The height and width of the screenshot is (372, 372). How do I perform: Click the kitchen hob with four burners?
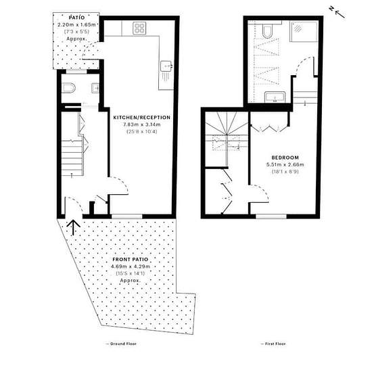tap(139, 28)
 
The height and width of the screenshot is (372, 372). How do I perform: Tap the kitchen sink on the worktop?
tap(166, 66)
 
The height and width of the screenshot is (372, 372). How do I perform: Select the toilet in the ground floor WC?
tap(68, 88)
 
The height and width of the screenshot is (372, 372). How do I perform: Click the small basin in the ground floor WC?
tap(95, 88)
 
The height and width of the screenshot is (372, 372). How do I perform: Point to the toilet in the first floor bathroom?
tap(267, 32)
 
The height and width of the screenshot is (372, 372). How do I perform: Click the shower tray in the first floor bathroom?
tap(304, 31)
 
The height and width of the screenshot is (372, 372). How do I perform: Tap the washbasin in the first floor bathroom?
tap(275, 97)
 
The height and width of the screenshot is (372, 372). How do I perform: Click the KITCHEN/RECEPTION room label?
tap(142, 118)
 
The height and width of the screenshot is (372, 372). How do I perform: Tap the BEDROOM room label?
tap(285, 158)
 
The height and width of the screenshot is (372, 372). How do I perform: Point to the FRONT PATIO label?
tap(131, 259)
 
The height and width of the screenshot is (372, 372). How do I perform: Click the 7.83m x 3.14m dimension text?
tap(142, 124)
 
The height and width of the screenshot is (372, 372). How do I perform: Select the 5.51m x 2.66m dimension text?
tap(285, 164)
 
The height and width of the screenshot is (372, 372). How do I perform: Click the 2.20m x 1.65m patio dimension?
tap(76, 24)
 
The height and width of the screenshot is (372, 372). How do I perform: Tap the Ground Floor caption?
tap(121, 344)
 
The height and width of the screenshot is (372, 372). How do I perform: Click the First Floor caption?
tap(273, 344)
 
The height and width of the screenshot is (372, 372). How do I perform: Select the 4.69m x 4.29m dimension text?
tap(131, 266)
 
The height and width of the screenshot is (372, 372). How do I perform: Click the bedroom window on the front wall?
tap(271, 216)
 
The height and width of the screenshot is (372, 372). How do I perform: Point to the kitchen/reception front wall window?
tap(127, 216)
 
